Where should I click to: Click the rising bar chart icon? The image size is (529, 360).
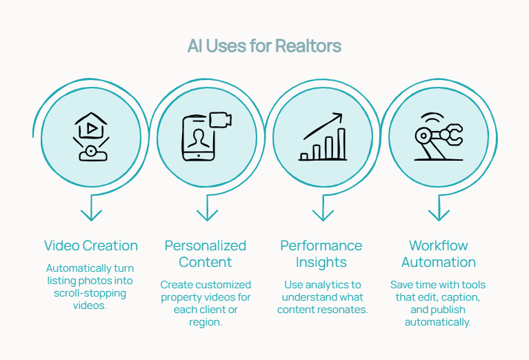pyautogui.click(x=323, y=137)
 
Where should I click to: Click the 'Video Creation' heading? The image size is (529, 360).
pyautogui.click(x=91, y=246)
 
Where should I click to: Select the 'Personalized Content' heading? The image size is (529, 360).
pyautogui.click(x=206, y=254)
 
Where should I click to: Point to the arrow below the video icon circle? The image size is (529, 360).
pyautogui.click(x=91, y=208)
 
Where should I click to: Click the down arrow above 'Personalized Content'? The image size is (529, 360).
pyautogui.click(x=206, y=208)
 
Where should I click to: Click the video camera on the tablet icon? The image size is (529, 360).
pyautogui.click(x=220, y=120)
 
